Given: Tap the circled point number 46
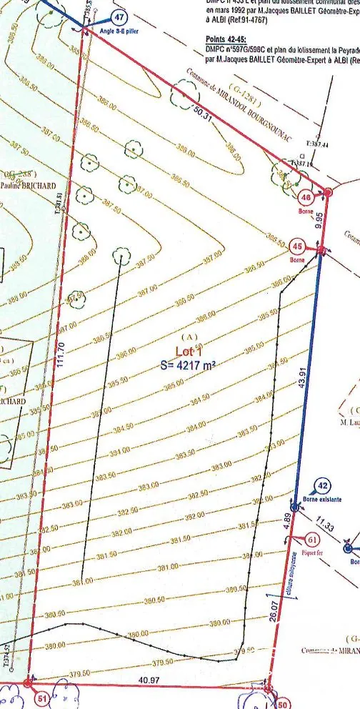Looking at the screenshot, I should (305, 199).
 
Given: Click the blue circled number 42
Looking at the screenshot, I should (322, 485).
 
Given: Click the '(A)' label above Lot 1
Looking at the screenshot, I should (189, 336).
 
